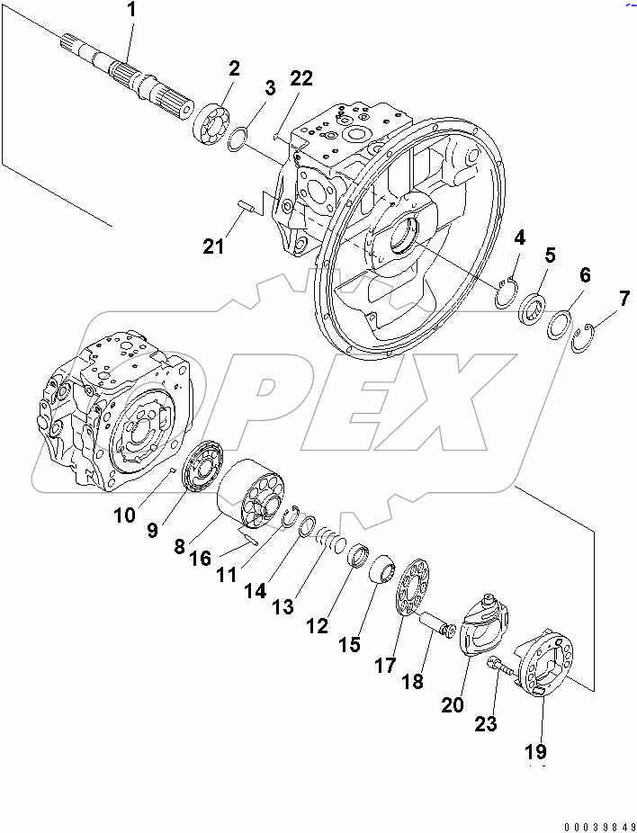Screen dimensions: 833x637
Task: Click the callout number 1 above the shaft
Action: tap(133, 12)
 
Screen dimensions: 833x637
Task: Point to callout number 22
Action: tap(301, 79)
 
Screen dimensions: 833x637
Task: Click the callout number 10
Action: tap(125, 515)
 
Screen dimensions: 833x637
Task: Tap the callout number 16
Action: tap(200, 559)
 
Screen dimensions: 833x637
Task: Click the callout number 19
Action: tap(542, 751)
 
